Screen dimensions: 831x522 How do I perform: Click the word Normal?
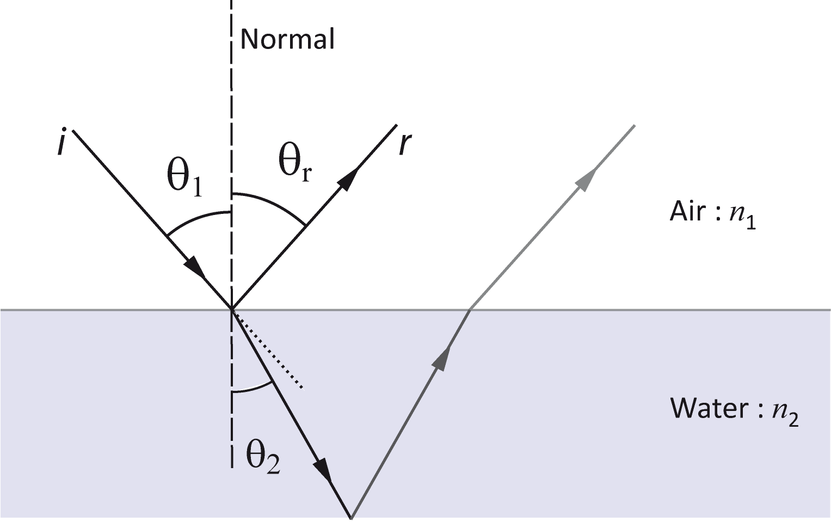[x=287, y=39]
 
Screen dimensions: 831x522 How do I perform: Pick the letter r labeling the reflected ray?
[x=405, y=144]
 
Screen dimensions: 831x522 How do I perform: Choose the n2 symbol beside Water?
[x=785, y=414]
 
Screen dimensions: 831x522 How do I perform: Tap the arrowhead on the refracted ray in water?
[x=323, y=470]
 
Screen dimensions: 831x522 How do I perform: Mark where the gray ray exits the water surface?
[x=470, y=309]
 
